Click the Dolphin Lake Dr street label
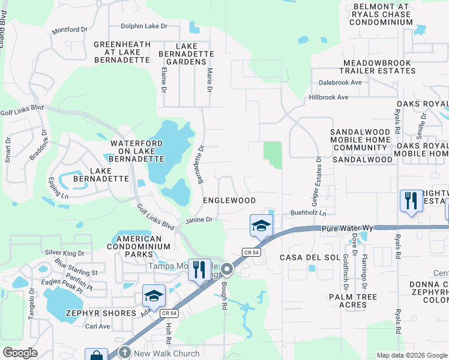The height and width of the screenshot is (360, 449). tap(143, 26)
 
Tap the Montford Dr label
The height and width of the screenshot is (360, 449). tap(74, 30)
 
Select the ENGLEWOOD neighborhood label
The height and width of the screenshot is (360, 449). tap(229, 200)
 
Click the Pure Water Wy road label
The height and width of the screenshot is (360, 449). tap(348, 229)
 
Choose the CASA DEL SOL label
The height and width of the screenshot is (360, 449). tap(302, 257)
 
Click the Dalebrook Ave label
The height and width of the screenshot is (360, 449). tap(340, 82)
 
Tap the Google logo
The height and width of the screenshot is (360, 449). tap(20, 352)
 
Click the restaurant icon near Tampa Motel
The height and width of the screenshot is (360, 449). tap(199, 269)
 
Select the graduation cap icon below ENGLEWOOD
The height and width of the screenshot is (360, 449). tap(261, 226)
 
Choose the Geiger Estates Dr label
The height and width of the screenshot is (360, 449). tap(319, 179)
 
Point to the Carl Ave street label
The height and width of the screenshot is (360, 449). tap(97, 326)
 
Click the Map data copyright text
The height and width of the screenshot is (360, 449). tap(411, 355)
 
